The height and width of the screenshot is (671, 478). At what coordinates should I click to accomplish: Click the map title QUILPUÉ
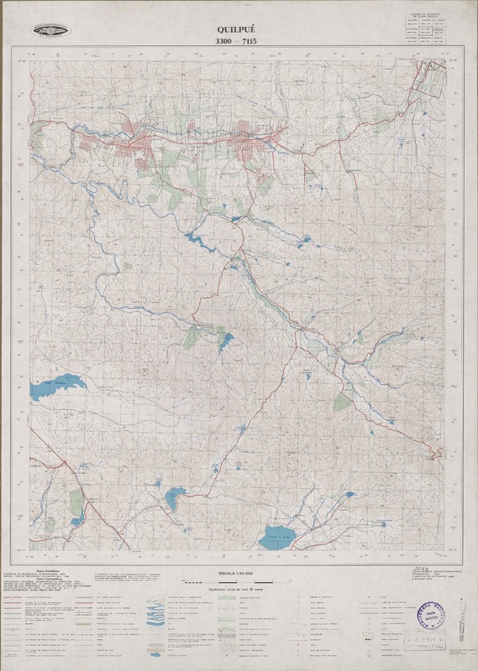(239, 28)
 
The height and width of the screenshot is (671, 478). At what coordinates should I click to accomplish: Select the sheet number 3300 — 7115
(239, 41)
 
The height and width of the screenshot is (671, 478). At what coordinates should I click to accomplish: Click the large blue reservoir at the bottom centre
(278, 538)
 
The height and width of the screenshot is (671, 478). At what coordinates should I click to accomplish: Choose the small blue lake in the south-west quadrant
(174, 497)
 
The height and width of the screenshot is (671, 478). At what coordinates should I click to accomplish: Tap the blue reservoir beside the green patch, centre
(224, 340)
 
